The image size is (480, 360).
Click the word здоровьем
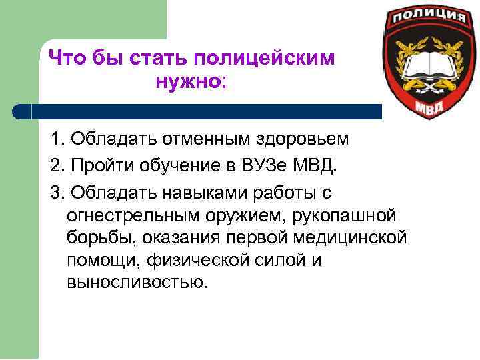coord(308,139)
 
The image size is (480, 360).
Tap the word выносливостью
coord(137,282)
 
